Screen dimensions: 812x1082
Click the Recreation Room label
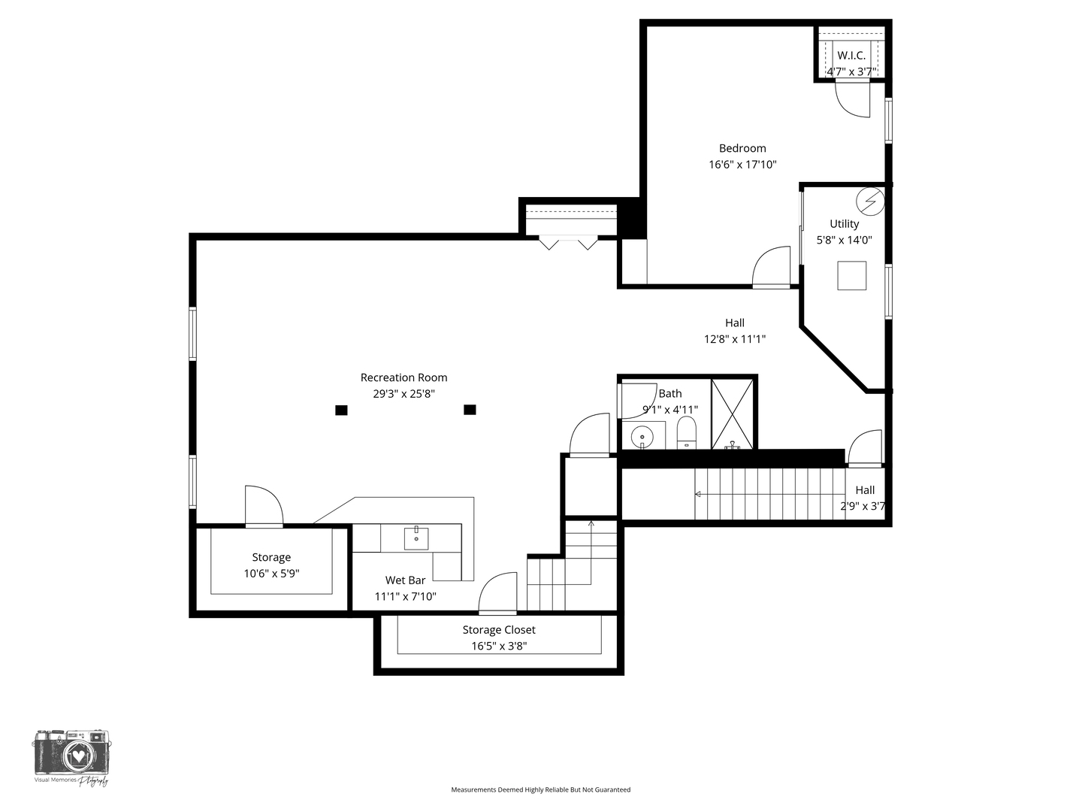[403, 377]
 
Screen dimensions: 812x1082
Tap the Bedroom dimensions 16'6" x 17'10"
[742, 165]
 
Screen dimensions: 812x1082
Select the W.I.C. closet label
[851, 56]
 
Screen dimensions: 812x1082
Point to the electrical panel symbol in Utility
[870, 201]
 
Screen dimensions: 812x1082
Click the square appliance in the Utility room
[851, 275]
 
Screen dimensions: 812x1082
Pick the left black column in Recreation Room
[341, 410]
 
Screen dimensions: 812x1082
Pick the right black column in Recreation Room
[470, 410]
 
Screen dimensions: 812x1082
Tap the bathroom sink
[642, 436]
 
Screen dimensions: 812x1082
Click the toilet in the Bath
[687, 433]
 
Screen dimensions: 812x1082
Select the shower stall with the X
[732, 414]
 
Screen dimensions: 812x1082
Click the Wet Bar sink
[416, 538]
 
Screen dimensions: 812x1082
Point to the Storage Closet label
[499, 630]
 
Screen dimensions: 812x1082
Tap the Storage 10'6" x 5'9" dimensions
[271, 574]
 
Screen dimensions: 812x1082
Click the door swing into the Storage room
[263, 506]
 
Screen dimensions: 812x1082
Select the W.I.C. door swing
[853, 98]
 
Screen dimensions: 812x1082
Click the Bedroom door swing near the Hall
[771, 267]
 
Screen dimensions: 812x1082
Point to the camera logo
[71, 755]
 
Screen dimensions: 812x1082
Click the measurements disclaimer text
[540, 789]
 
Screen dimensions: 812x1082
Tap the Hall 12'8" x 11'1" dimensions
[734, 339]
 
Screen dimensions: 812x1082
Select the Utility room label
[844, 224]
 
